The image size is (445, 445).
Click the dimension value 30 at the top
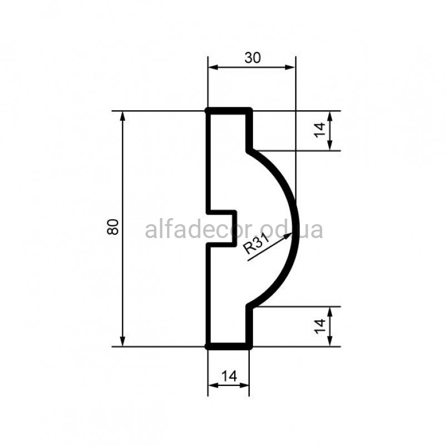[x=253, y=58]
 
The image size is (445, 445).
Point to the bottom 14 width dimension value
[x=229, y=377]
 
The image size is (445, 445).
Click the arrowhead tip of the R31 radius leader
[x=292, y=233]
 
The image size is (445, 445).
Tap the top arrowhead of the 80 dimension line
[x=122, y=112]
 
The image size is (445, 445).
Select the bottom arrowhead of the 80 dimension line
[x=122, y=346]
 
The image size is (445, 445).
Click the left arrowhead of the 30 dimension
[x=209, y=67]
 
